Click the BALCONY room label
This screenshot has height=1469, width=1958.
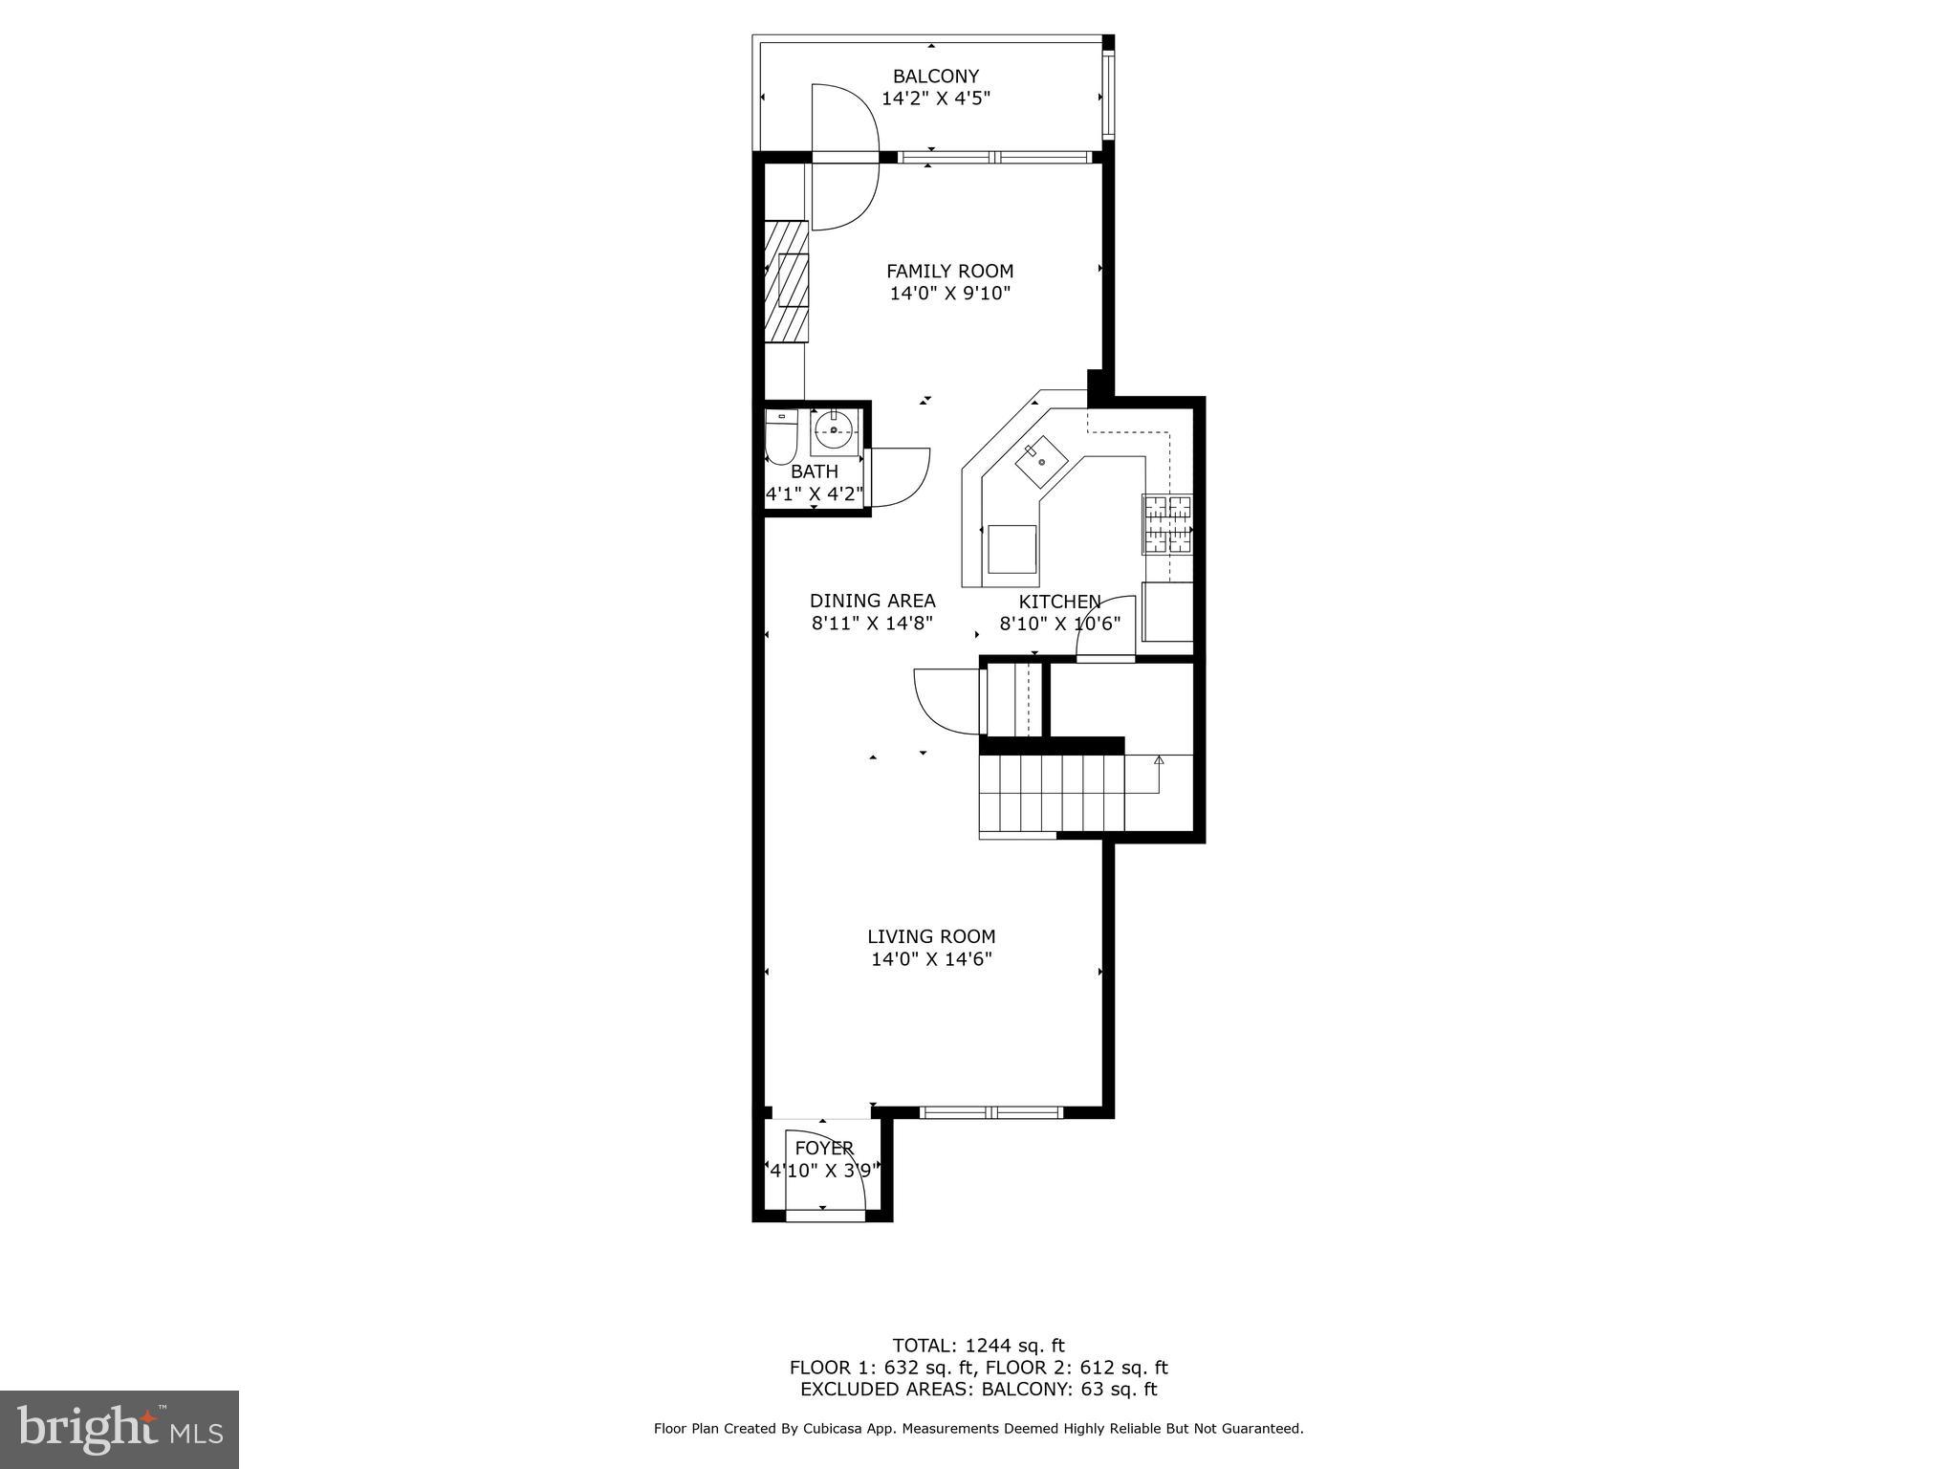point(935,77)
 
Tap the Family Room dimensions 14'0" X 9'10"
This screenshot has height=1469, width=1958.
point(949,294)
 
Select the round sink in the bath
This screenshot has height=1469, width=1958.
point(836,431)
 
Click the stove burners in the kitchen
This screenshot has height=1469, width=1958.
point(1167,524)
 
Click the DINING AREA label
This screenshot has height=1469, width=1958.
point(872,601)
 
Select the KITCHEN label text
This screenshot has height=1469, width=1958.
point(1059,602)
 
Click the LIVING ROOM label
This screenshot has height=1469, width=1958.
point(931,937)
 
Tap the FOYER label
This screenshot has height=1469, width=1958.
point(823,1148)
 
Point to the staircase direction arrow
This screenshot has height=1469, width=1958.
point(1159,761)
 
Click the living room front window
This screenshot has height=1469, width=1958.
point(991,1112)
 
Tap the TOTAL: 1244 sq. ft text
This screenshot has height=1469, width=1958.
point(978,1346)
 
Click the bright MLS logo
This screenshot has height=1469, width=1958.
point(120,1429)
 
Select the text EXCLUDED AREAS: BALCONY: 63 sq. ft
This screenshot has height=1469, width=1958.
point(978,1389)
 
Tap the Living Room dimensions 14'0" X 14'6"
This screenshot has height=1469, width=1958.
point(931,959)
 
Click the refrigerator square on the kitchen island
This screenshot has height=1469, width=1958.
point(1012,549)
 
